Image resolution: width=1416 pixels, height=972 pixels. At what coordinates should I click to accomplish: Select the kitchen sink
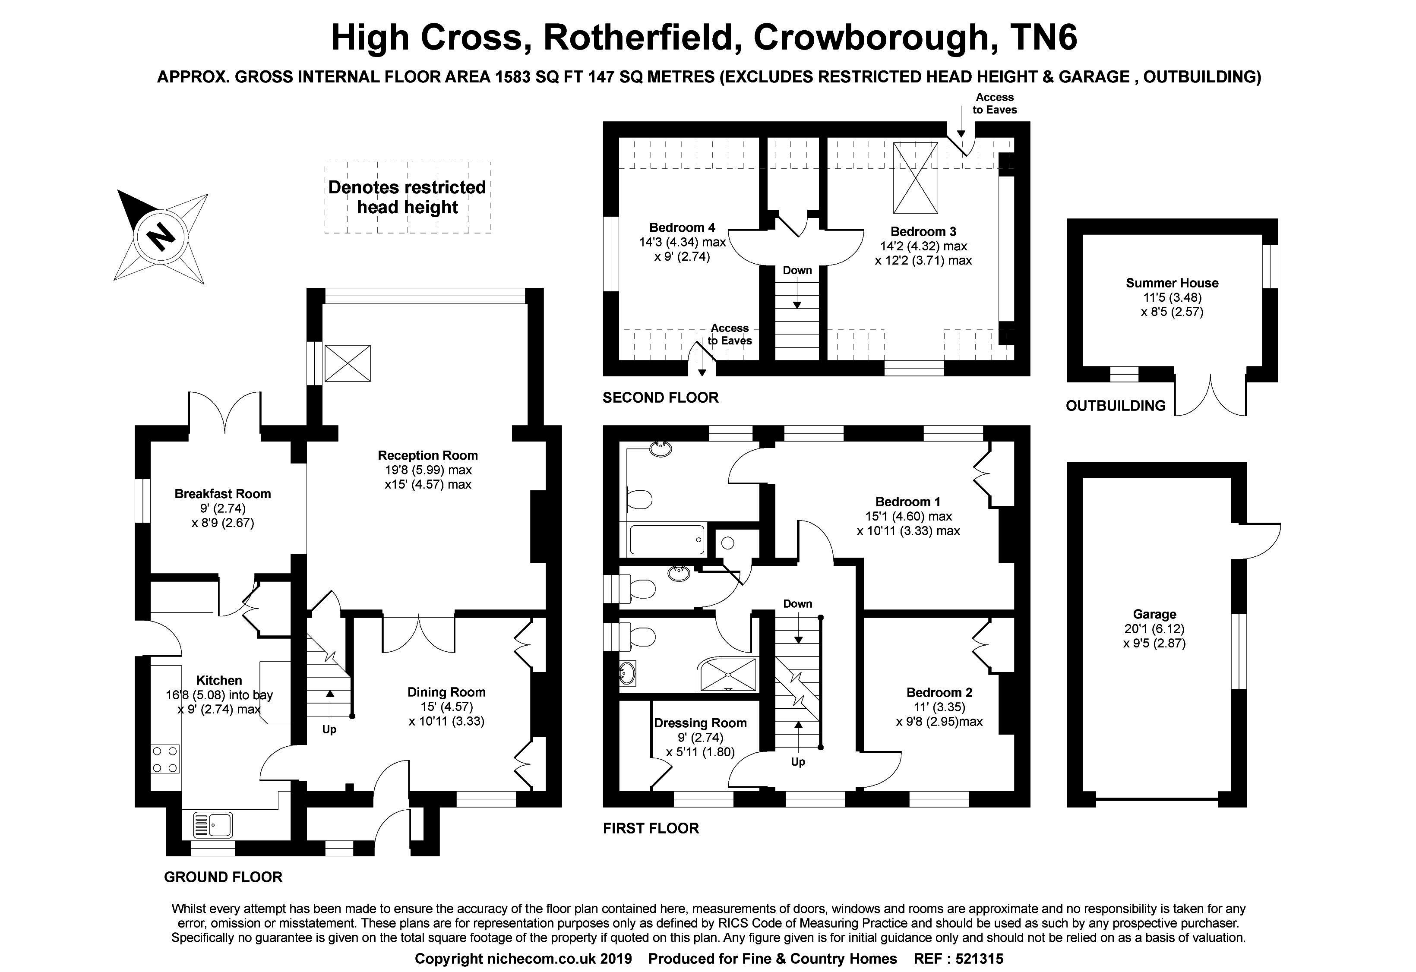coord(213,825)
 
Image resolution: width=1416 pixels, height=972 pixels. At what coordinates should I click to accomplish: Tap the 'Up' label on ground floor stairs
coord(329,729)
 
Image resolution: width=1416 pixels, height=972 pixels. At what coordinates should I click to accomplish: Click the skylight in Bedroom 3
coord(915,178)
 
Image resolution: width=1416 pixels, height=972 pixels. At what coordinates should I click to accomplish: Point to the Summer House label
coord(1172,283)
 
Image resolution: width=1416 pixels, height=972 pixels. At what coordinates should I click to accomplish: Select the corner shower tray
coord(728,674)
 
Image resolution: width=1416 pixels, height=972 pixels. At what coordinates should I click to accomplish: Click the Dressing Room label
coord(700,723)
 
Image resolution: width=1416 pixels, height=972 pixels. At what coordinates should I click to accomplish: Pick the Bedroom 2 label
coord(939,692)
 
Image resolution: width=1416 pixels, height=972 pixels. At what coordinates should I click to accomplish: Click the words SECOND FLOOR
coord(661,398)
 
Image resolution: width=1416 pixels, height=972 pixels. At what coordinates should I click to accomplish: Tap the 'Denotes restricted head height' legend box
coord(407,197)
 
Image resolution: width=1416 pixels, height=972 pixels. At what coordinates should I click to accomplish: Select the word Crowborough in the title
coord(871,37)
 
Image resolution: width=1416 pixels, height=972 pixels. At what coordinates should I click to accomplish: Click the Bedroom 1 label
coord(907,502)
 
